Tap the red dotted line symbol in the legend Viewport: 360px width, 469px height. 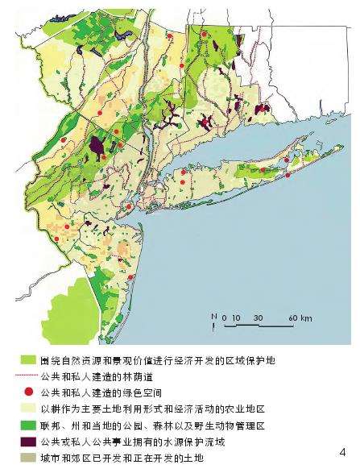23,376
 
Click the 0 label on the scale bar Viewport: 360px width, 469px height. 225,317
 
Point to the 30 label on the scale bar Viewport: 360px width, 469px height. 258,317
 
